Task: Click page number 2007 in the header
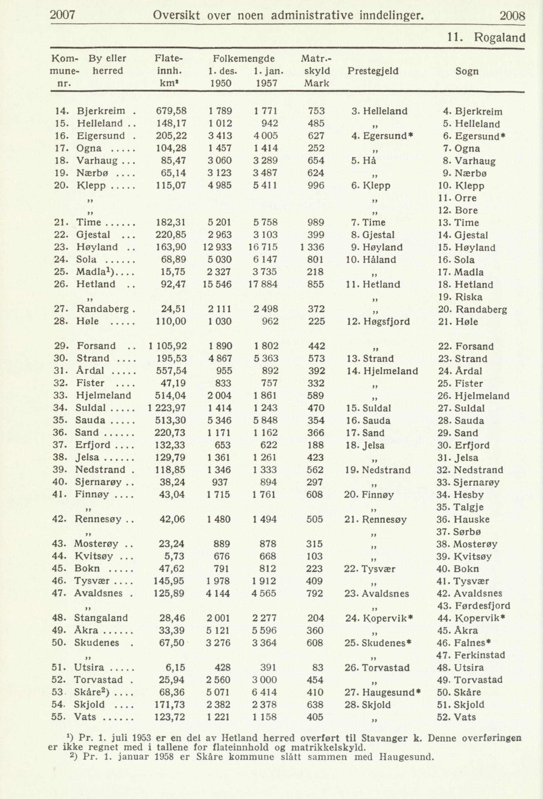pyautogui.click(x=63, y=15)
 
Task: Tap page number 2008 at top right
pyautogui.click(x=512, y=16)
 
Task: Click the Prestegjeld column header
pyautogui.click(x=373, y=71)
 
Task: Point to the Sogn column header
pyautogui.click(x=467, y=71)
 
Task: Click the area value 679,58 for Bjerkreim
pyautogui.click(x=171, y=111)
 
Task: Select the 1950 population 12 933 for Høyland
pyautogui.click(x=219, y=247)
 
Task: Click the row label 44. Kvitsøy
pyautogui.click(x=92, y=556)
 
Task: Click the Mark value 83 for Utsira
pyautogui.click(x=318, y=668)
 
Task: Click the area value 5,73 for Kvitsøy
pyautogui.click(x=174, y=556)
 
